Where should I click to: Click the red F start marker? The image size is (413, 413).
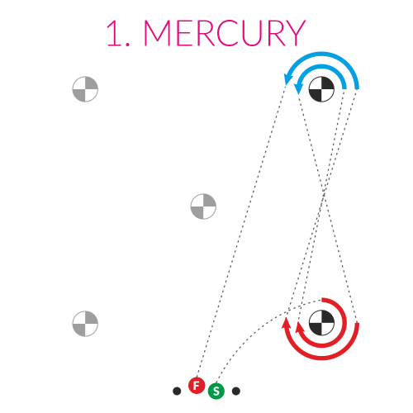click(197, 386)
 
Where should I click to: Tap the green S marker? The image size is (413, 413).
click(216, 391)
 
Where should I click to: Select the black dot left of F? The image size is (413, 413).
click(177, 391)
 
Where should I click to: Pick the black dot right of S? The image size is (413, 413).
click(236, 391)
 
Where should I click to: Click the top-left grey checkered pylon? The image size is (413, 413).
click(85, 89)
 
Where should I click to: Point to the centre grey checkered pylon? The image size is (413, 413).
click(203, 206)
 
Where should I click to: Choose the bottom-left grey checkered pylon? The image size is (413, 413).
click(85, 324)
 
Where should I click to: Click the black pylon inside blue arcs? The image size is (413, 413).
click(321, 89)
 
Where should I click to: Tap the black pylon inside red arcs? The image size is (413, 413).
click(321, 323)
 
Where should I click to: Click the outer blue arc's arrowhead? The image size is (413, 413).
click(287, 79)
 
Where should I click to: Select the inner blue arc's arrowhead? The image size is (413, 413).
click(298, 88)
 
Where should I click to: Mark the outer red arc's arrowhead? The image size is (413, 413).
click(286, 323)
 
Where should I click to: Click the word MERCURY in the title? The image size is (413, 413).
click(225, 33)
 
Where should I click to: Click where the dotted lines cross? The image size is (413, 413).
click(324, 192)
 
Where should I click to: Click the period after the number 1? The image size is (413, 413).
click(127, 44)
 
